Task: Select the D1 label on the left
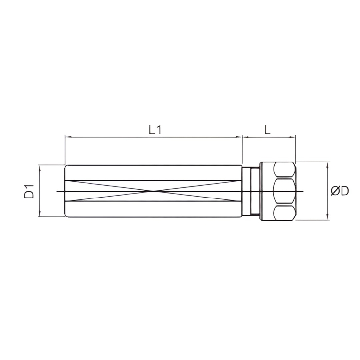tap(30, 191)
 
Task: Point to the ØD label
tap(340, 191)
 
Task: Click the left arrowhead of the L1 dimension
tap(68, 138)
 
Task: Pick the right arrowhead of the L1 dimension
tap(240, 138)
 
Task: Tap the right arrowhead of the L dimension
tap(293, 138)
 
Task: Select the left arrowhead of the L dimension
tap(245, 138)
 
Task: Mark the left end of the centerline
tap(57, 191)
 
